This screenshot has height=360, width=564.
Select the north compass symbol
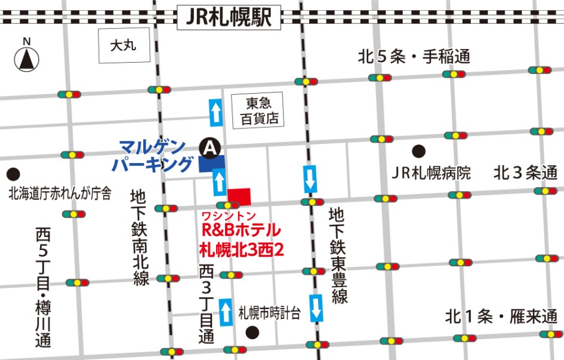coord(26,59)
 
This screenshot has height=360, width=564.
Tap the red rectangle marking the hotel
coord(239,195)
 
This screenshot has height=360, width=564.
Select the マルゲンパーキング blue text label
coord(156,155)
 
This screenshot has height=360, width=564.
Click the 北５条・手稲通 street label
coord(414,57)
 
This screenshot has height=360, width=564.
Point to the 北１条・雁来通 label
coord(501,316)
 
